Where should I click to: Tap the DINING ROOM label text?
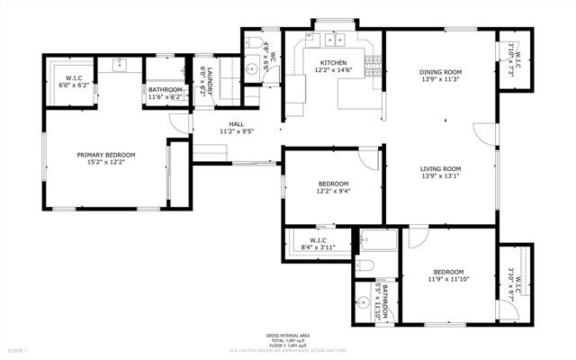(440, 72)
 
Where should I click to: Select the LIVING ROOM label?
(440, 168)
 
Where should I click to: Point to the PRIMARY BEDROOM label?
(106, 155)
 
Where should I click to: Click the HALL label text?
(236, 124)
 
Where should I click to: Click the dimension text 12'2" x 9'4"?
(333, 191)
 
